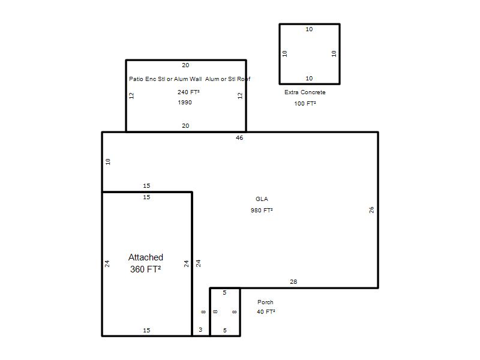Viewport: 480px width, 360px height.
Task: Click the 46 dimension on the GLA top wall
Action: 239,138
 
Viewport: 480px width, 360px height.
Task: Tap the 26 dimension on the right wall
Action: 371,209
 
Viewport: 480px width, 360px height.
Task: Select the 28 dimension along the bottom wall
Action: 293,281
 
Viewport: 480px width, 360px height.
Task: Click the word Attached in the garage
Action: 146,257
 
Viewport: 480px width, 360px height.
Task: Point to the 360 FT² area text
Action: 145,269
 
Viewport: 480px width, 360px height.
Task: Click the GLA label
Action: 262,199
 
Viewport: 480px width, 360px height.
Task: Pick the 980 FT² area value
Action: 262,211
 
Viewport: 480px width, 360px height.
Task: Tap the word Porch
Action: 265,302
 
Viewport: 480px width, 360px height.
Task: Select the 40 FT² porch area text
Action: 266,311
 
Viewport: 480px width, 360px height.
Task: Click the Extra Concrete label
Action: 305,92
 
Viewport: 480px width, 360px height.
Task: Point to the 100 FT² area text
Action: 305,103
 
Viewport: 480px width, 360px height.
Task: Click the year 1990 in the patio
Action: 185,102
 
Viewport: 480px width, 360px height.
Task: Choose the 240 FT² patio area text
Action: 188,92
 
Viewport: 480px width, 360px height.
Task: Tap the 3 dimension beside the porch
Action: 200,329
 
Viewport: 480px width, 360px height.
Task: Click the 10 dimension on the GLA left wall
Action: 108,161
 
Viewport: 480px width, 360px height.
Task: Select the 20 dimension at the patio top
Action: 185,65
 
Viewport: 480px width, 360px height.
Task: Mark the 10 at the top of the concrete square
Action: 309,29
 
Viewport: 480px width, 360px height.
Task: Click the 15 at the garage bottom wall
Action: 146,331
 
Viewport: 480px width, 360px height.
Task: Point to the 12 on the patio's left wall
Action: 131,96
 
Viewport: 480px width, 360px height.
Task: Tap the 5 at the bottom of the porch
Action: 225,331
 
